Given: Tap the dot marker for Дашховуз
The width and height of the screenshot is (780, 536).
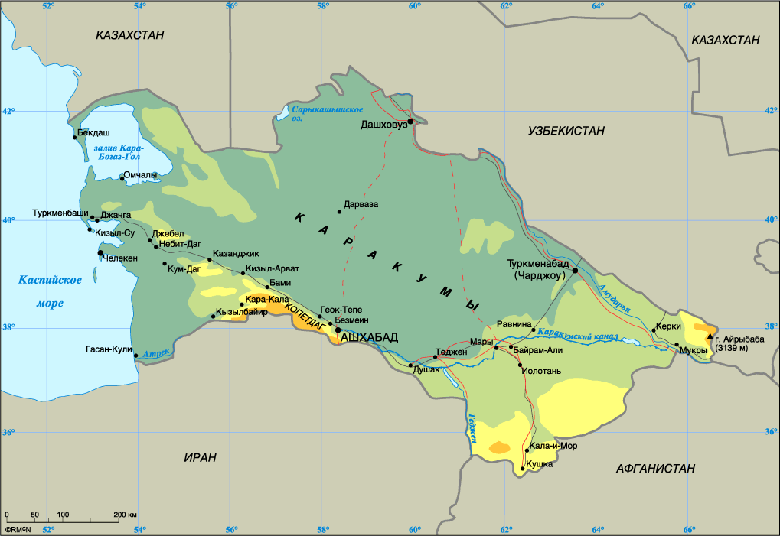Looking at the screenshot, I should click(x=410, y=121).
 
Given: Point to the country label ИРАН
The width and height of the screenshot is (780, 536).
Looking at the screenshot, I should click(x=201, y=457).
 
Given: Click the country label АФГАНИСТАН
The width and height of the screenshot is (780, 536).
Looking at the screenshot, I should click(x=655, y=468).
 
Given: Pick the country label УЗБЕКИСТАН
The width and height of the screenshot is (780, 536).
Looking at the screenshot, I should click(x=566, y=132).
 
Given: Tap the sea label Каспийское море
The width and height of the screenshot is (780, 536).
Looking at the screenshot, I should click(x=51, y=291).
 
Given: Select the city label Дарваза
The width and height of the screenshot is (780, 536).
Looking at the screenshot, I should click(x=362, y=204).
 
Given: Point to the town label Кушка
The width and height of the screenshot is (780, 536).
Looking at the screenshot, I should click(x=541, y=464).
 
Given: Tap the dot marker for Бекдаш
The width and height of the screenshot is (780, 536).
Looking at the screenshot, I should click(x=75, y=138).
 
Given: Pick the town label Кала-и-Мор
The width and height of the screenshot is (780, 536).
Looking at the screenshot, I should click(x=553, y=445).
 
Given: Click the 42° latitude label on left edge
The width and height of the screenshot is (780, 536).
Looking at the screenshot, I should click(x=8, y=111).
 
